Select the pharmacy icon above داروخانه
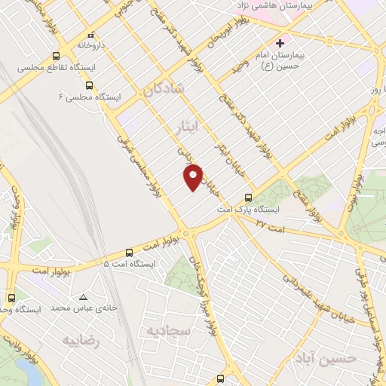pos(90,34)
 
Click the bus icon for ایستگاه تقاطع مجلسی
pos(57,57)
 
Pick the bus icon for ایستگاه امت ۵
pos(129,253)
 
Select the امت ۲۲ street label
pos(271,224)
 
